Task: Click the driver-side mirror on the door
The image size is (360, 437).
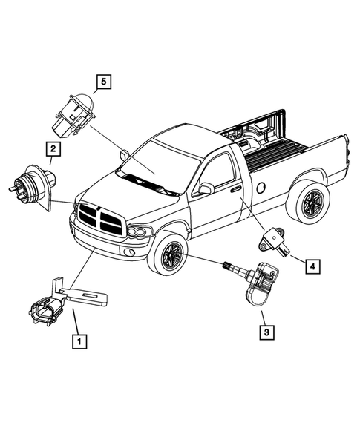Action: (x=206, y=188)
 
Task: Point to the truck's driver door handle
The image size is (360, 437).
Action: (x=236, y=190)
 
